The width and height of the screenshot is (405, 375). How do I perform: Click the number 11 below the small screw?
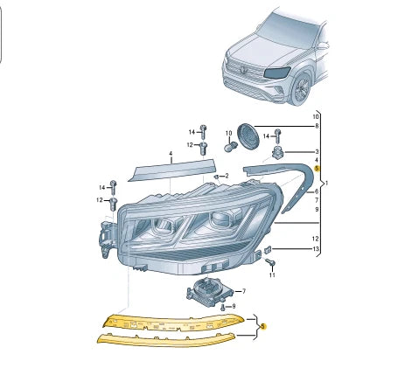click(272, 275)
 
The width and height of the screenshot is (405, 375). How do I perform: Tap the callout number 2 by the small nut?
click(226, 177)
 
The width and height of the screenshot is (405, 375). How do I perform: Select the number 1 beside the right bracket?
click(326, 184)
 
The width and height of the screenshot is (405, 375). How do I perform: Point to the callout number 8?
click(317, 127)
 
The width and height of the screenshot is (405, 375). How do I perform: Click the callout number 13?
click(317, 249)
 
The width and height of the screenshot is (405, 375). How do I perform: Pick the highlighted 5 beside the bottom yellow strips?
click(263, 324)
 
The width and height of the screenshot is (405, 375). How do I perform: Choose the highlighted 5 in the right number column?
click(317, 167)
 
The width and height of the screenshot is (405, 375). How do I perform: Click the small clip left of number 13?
click(269, 250)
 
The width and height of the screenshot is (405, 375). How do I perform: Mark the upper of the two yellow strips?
click(175, 321)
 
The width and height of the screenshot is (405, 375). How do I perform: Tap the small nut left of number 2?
click(215, 176)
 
